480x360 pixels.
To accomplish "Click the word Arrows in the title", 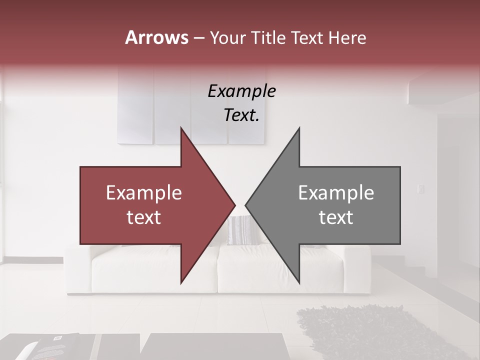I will tap(156, 37).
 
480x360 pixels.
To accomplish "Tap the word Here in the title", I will tap(347, 38).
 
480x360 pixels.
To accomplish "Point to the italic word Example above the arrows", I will tap(241, 91).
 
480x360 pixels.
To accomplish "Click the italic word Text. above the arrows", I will tap(241, 115).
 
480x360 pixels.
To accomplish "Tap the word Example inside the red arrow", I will tap(144, 193).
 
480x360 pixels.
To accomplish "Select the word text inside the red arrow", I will tap(144, 217).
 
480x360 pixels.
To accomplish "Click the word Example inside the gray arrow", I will tap(336, 193).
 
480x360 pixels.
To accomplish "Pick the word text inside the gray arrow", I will tap(336, 217).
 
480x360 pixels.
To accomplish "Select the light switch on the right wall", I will tap(420, 189).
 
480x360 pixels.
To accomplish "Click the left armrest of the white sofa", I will tap(77, 270).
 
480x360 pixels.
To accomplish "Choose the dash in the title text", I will tap(198, 38).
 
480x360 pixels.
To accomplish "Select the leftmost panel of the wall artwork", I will tap(135, 105).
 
